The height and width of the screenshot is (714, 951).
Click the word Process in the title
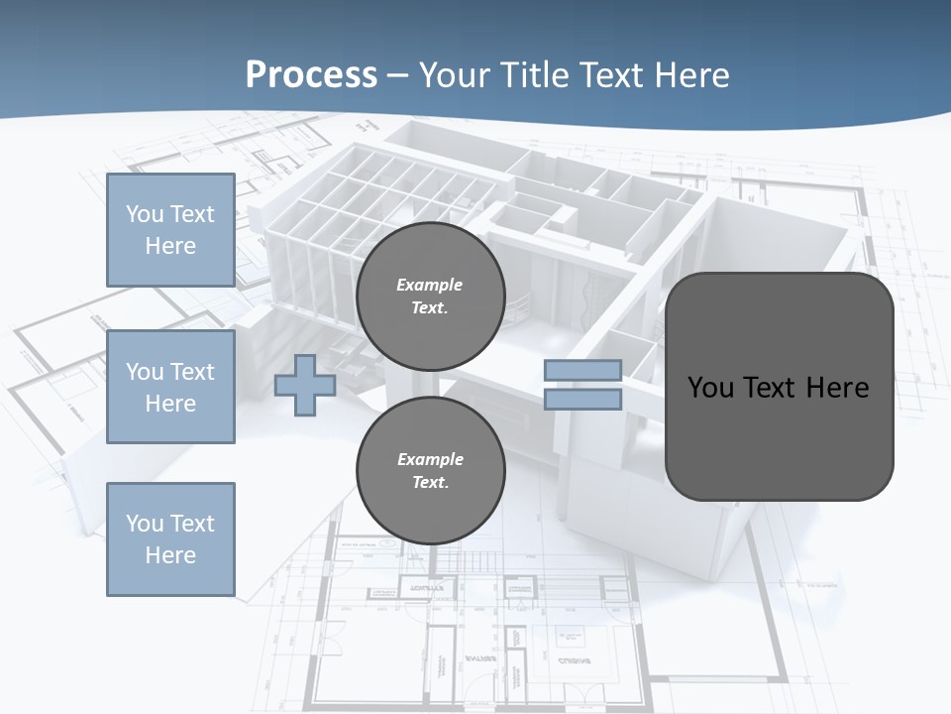tap(311, 75)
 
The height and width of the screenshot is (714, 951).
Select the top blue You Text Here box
tap(170, 230)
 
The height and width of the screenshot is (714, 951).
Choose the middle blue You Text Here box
tap(170, 387)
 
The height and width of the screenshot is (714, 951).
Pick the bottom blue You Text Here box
tap(170, 538)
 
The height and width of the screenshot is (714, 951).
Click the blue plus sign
tap(305, 385)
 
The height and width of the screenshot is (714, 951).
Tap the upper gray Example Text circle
tap(430, 297)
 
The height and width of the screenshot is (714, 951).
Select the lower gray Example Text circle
tap(430, 470)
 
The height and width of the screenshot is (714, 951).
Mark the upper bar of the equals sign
tap(582, 371)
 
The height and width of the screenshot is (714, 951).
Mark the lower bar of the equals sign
tap(582, 400)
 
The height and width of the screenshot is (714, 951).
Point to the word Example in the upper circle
tap(430, 285)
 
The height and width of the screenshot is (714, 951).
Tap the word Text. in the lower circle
tap(430, 483)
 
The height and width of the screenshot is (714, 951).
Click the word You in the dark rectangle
tap(710, 388)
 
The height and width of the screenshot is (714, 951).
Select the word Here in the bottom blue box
tap(170, 555)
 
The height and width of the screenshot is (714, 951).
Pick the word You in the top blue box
tap(145, 214)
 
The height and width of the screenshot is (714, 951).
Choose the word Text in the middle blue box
tap(192, 372)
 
